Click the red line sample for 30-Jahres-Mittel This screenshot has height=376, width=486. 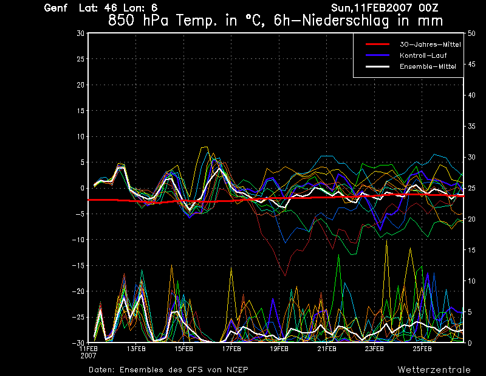377,44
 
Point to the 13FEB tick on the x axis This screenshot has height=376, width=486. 136,349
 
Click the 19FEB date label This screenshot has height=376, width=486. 279,349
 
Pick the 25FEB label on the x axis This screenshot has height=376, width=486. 422,349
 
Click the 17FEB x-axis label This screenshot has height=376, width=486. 231,349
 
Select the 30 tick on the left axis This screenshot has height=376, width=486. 80,33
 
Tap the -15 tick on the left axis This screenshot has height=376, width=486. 78,265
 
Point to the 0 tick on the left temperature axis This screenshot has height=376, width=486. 82,188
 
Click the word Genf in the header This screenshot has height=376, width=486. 56,8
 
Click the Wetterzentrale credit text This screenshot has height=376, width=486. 434,369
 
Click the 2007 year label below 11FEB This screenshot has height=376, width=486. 88,355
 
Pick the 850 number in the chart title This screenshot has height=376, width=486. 120,20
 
